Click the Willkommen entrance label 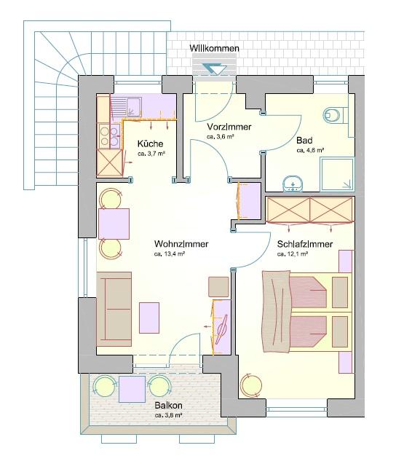coord(215,48)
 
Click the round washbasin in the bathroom coord(293,184)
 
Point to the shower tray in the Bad coord(337,174)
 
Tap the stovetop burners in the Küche coord(109,135)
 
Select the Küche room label coord(150,143)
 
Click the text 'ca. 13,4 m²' coord(170,253)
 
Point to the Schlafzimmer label coord(305,244)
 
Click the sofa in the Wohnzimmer coord(114,309)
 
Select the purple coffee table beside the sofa coord(149,318)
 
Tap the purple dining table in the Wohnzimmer coord(114,224)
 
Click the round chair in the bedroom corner coord(251,385)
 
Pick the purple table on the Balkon coord(132,389)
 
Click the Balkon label coord(168,405)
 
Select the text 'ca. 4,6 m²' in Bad coord(310,150)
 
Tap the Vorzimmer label coord(229,127)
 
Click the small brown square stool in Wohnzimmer coord(218,287)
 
